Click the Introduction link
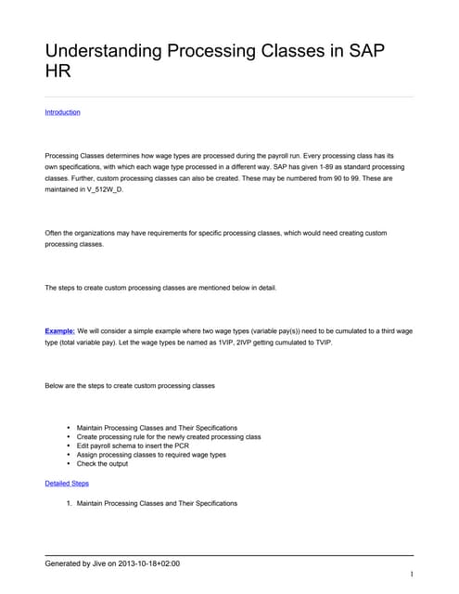tap(62, 112)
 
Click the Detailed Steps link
tap(67, 484)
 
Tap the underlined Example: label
tap(60, 330)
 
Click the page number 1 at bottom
tap(410, 575)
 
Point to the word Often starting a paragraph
tap(55, 232)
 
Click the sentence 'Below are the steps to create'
tap(130, 385)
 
